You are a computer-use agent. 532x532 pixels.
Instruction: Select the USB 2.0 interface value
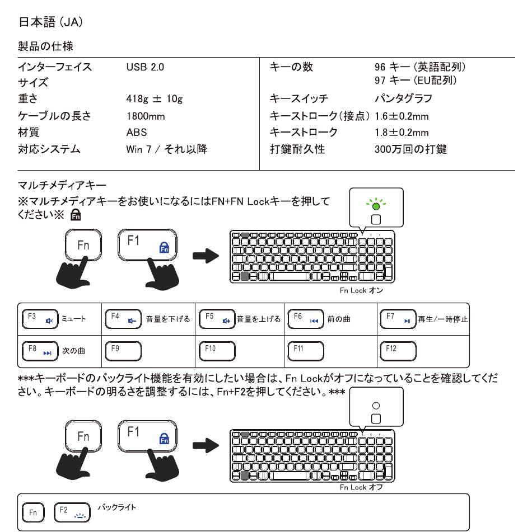[x=146, y=68]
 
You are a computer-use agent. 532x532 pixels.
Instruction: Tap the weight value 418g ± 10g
[x=155, y=100]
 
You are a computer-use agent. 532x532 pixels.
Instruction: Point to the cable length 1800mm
[x=146, y=116]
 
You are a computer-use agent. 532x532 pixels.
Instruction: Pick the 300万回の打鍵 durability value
[x=410, y=149]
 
